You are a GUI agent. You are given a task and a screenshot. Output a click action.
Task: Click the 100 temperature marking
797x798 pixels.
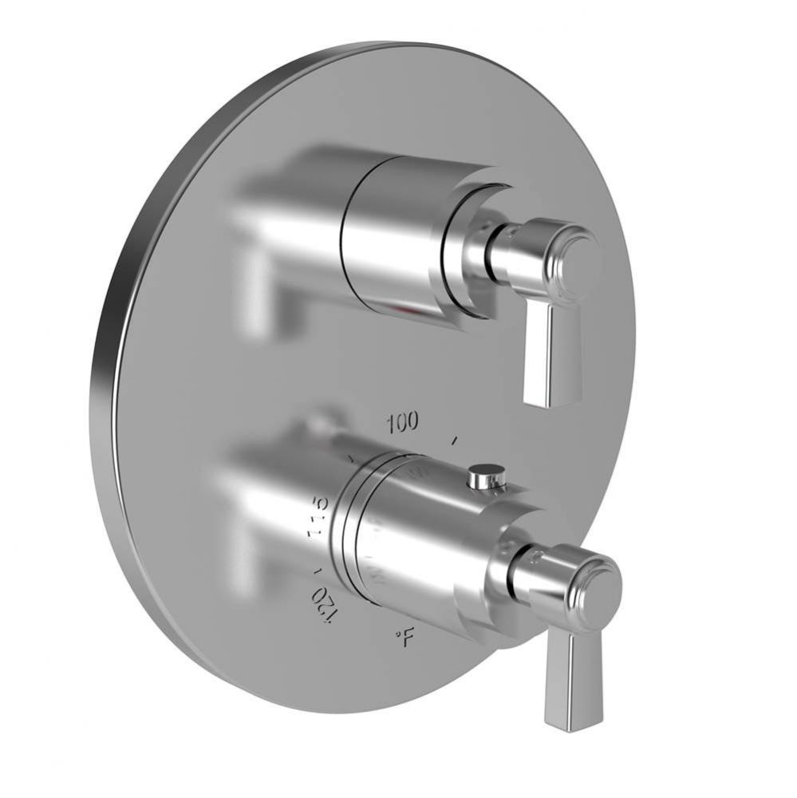point(402,423)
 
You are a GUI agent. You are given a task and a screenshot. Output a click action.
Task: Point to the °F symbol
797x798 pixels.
point(405,636)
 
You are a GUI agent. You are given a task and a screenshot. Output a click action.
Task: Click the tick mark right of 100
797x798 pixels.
point(455,440)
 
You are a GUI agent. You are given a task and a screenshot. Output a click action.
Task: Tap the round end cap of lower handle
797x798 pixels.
point(599,589)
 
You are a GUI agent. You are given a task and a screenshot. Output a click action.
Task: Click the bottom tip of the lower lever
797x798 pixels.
point(562,725)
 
